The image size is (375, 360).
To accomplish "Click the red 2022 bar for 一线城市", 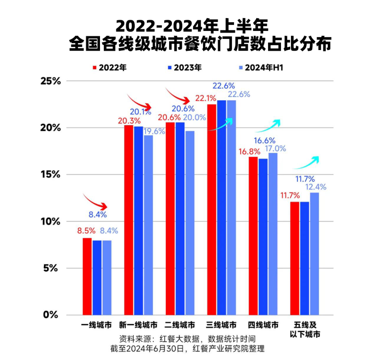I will (x=87, y=276).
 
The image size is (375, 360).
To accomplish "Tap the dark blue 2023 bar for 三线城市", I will (x=221, y=207).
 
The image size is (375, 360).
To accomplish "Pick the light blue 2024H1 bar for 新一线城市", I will (x=148, y=225).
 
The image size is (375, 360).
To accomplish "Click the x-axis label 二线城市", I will (x=180, y=325).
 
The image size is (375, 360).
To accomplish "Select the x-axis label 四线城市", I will (x=263, y=325).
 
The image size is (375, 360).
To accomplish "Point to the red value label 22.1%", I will (x=205, y=99).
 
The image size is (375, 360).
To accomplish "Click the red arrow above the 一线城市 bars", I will (x=95, y=201).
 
